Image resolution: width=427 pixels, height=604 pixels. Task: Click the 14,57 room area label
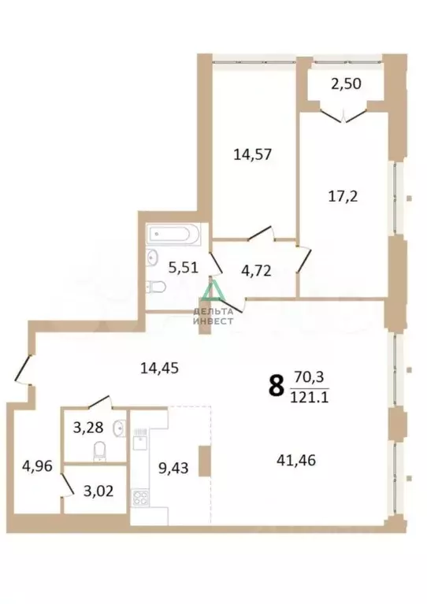click(252, 154)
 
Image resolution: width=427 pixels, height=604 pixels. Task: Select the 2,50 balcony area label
click(347, 83)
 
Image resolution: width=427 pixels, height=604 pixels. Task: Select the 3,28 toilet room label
click(86, 429)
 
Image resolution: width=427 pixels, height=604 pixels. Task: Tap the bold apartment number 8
click(276, 386)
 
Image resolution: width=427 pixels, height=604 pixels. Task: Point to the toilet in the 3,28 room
click(100, 450)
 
